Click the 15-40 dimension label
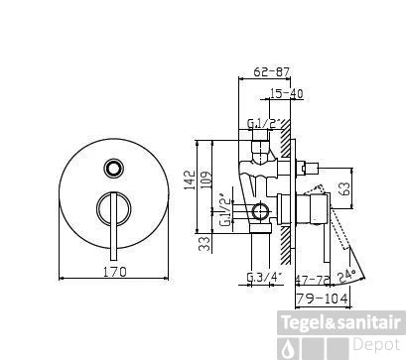tap(285, 93)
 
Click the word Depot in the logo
tap(379, 344)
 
